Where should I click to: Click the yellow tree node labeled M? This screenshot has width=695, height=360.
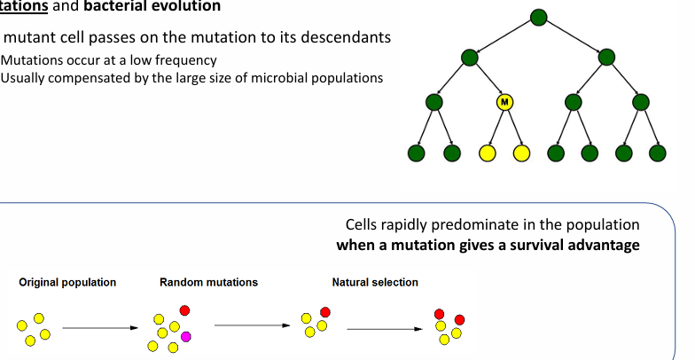click(504, 102)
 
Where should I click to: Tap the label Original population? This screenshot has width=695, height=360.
click(67, 283)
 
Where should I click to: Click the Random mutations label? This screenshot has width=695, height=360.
click(208, 283)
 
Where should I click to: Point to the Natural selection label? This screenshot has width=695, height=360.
click(375, 283)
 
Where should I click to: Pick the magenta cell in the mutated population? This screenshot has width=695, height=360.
click(186, 337)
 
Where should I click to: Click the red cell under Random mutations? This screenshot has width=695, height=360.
click(184, 310)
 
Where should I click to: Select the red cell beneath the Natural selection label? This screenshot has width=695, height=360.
click(325, 312)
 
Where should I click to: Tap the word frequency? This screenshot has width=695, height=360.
click(187, 60)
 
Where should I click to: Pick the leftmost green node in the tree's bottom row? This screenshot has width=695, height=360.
click(417, 153)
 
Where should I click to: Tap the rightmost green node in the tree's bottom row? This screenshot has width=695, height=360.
click(657, 153)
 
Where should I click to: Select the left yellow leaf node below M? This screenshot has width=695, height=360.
click(487, 153)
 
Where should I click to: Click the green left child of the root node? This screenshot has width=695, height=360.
click(470, 58)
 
